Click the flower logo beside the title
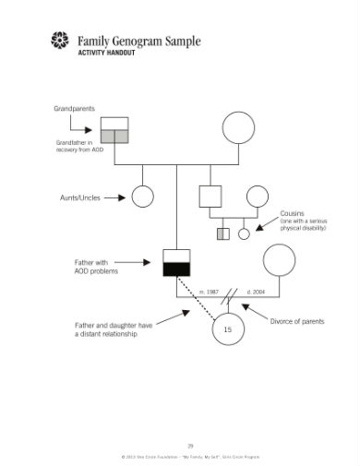tap(60, 40)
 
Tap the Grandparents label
tap(73, 109)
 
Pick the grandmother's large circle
tap(238, 128)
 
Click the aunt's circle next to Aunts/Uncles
tap(142, 197)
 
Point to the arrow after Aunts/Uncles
tap(114, 197)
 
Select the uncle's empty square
tap(210, 196)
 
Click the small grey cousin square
tap(222, 233)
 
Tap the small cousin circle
tap(245, 233)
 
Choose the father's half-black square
tap(176, 262)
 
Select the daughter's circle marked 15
tap(228, 329)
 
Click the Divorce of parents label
tap(298, 320)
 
